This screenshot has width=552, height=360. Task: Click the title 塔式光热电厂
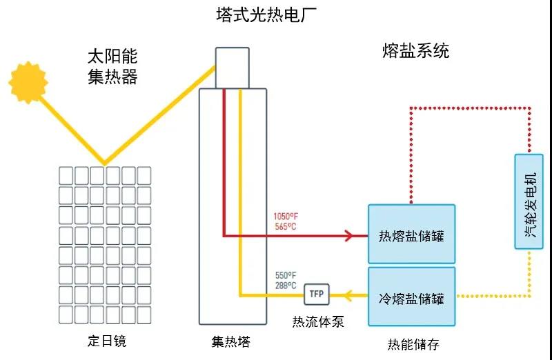pyautogui.click(x=276, y=14)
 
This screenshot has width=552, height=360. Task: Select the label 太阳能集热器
pyautogui.click(x=112, y=66)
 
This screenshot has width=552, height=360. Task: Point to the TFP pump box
pyautogui.click(x=317, y=294)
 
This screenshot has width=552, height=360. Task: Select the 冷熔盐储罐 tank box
pyautogui.click(x=411, y=297)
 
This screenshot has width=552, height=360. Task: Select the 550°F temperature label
pyautogui.click(x=285, y=275)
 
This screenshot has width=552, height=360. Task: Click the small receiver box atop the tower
pyautogui.click(x=232, y=68)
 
